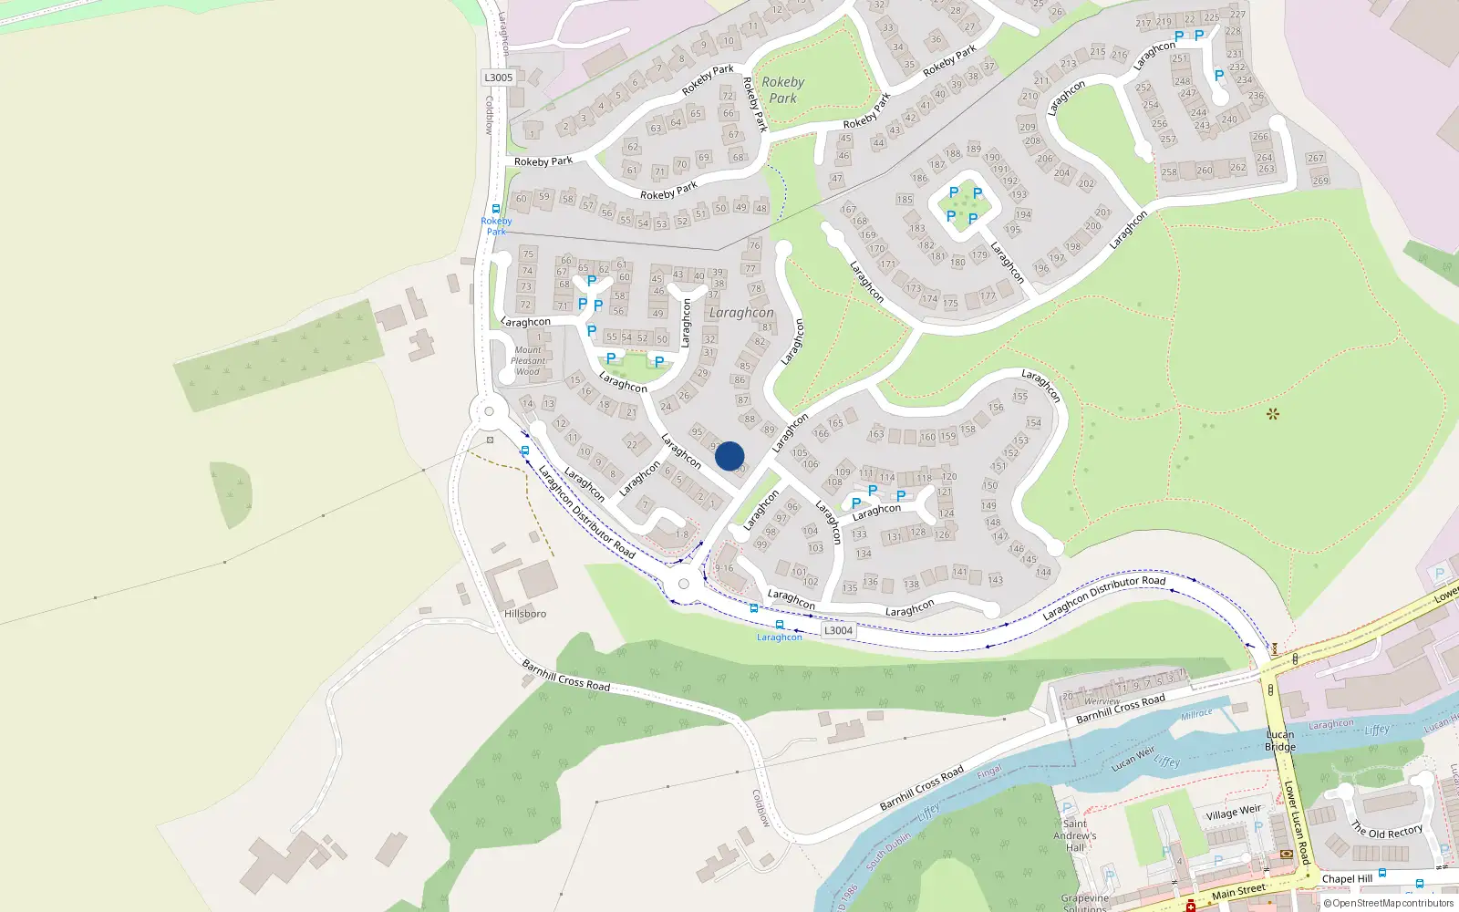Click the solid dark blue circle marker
(x=729, y=456)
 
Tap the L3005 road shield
(x=499, y=78)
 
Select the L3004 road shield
(x=838, y=630)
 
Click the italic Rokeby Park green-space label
(x=782, y=89)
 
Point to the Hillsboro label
(x=525, y=614)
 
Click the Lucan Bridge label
(x=1280, y=741)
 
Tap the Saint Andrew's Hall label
(x=1075, y=835)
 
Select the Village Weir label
(x=1234, y=813)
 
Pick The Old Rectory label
(x=1386, y=831)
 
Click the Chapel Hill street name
(x=1347, y=879)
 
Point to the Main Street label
(x=1238, y=890)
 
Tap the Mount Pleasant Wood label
(x=528, y=360)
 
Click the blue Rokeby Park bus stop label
(x=496, y=225)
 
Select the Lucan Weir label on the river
(x=1133, y=758)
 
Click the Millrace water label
(x=1196, y=714)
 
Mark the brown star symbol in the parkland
(x=1273, y=414)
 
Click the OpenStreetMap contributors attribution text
(x=1388, y=903)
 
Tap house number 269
(x=1320, y=181)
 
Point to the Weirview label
(x=1102, y=701)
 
